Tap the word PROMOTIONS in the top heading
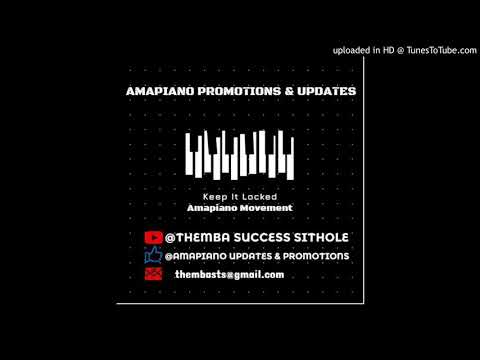tap(245, 91)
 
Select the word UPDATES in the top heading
tap(326, 91)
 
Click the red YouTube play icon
tap(153, 237)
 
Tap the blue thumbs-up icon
tap(153, 255)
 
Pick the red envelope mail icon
tap(153, 274)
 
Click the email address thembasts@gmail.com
tap(229, 274)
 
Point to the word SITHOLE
tap(317, 237)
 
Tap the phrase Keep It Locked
tap(239, 197)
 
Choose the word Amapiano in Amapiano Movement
tap(212, 207)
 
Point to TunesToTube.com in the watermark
tap(439, 50)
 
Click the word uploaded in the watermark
tap(352, 50)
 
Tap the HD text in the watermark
tap(389, 50)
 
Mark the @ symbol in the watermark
tap(402, 50)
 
